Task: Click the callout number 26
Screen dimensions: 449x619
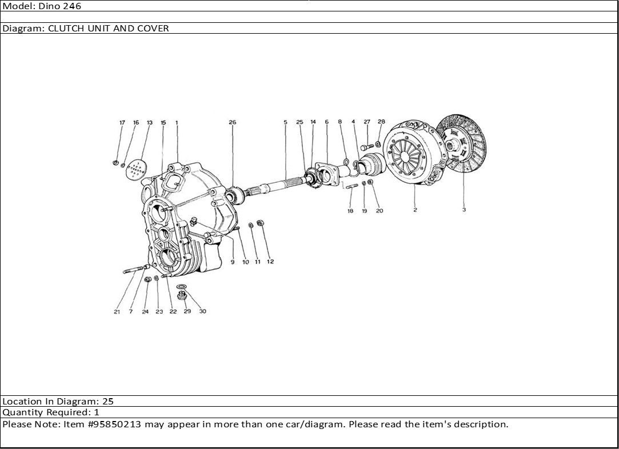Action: tap(232, 122)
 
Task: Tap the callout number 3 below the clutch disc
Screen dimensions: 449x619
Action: tap(464, 210)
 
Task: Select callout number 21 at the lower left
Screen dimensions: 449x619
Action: tap(117, 312)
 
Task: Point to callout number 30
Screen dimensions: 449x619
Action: tap(202, 311)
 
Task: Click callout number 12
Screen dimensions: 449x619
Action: tap(270, 262)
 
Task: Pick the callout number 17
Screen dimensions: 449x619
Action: tap(122, 123)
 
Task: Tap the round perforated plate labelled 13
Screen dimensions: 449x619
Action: tap(136, 169)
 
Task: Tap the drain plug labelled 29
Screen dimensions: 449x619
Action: tap(182, 295)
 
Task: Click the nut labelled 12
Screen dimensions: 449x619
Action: tap(260, 223)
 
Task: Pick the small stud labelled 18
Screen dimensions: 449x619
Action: tap(351, 185)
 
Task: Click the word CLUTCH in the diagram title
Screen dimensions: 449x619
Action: tap(66, 28)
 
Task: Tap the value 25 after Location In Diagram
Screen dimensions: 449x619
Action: tap(108, 401)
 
